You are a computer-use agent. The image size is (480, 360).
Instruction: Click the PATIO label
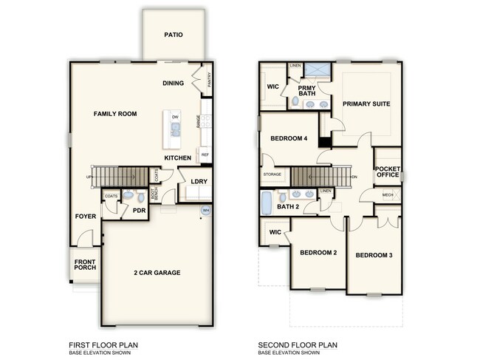[174, 35]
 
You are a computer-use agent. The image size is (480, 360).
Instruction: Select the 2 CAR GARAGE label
[158, 273]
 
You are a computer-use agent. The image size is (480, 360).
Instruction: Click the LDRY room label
[198, 181]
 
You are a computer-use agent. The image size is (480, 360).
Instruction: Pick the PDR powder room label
[138, 210]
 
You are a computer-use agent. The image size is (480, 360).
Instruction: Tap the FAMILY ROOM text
[117, 115]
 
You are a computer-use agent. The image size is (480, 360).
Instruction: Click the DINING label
[173, 84]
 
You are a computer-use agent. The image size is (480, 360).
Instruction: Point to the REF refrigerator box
[205, 155]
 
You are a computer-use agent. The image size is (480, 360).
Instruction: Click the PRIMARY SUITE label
[366, 103]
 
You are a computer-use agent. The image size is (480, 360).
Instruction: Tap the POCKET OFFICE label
[388, 170]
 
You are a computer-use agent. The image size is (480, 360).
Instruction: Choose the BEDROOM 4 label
[289, 138]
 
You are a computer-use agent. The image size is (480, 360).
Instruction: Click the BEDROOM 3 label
[374, 256]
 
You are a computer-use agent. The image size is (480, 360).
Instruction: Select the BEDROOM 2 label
[318, 253]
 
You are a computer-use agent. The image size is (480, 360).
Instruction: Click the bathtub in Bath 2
[267, 202]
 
